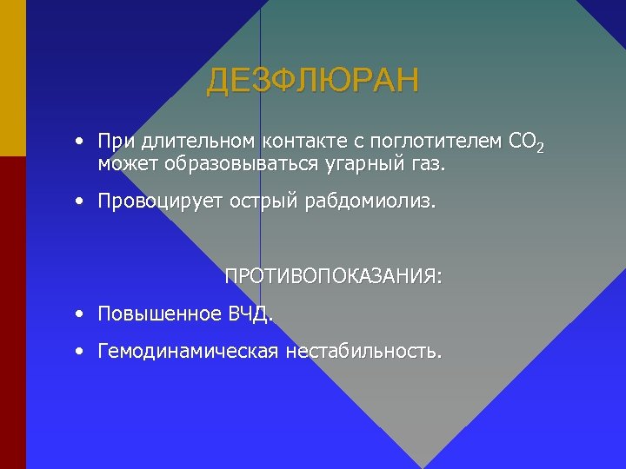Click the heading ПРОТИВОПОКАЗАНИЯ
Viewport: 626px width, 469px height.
(333, 277)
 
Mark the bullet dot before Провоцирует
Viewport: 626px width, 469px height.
(79, 201)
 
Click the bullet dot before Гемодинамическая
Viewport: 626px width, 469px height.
(79, 351)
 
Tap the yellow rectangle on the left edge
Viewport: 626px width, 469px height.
(13, 78)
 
